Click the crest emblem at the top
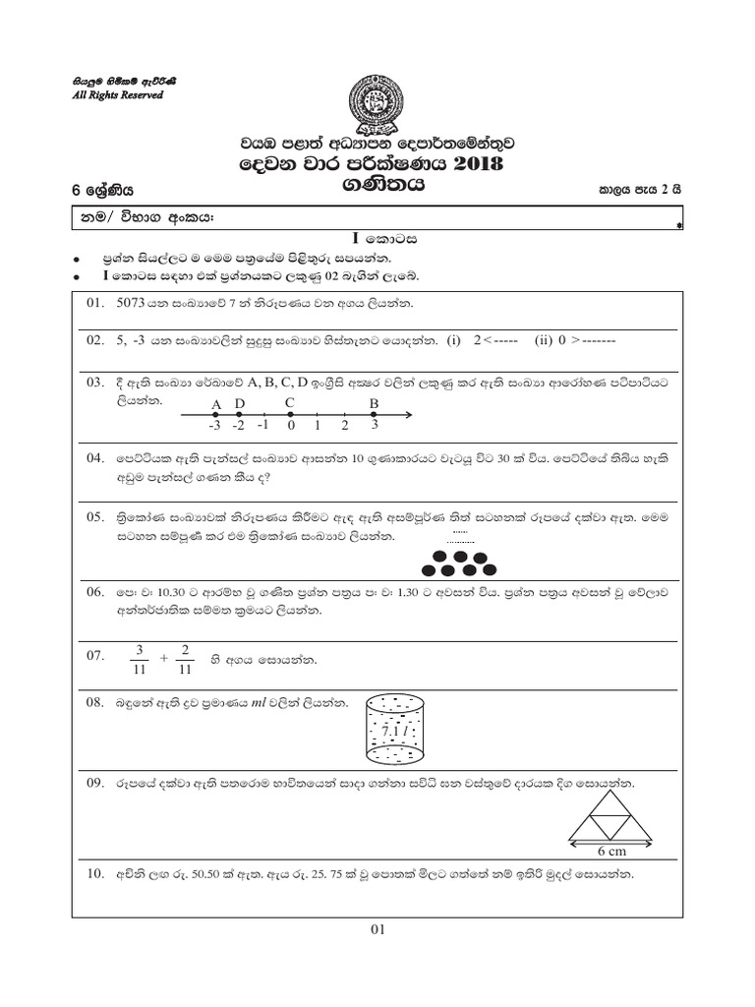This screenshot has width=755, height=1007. click(377, 101)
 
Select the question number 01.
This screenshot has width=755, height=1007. click(95, 303)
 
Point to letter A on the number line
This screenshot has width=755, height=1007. click(216, 404)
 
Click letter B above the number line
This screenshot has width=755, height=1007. click(374, 403)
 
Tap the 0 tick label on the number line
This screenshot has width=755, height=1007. click(291, 426)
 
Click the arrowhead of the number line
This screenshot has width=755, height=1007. click(407, 416)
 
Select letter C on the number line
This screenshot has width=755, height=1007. click(289, 403)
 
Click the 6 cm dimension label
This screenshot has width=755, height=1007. click(612, 851)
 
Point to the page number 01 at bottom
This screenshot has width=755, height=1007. click(377, 930)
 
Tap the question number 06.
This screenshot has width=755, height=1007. click(95, 592)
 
